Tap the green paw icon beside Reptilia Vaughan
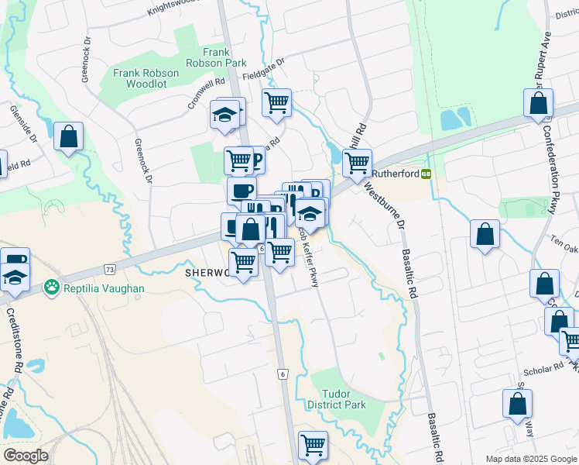point(53,288)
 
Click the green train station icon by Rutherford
point(427,174)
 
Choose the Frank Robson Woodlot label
point(146,78)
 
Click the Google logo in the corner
point(26,455)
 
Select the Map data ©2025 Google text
point(530,459)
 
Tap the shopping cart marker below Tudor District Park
point(313,445)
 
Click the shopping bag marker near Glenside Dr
point(69,137)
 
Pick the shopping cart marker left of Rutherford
point(357,163)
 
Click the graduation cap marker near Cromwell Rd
point(225,115)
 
